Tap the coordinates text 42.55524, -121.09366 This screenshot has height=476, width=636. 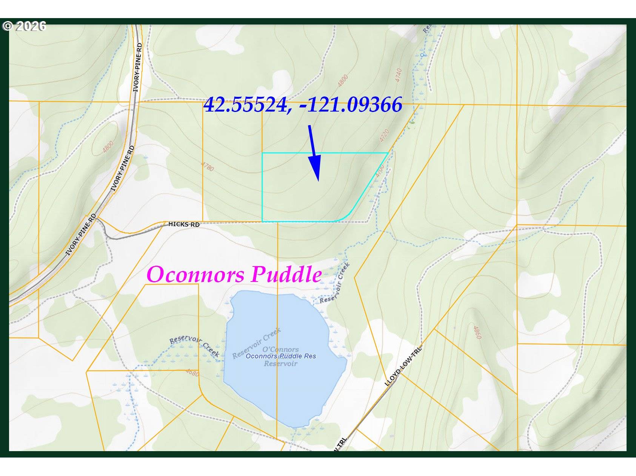[303, 104]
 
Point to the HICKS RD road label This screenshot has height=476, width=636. [184, 224]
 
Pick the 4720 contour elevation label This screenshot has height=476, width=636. [385, 136]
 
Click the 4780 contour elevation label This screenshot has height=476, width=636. [208, 166]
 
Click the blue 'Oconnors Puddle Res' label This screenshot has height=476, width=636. [281, 356]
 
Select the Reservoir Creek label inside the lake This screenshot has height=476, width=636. [257, 343]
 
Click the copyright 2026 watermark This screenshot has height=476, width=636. [24, 26]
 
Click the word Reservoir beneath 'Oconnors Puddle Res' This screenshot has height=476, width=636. [280, 364]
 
